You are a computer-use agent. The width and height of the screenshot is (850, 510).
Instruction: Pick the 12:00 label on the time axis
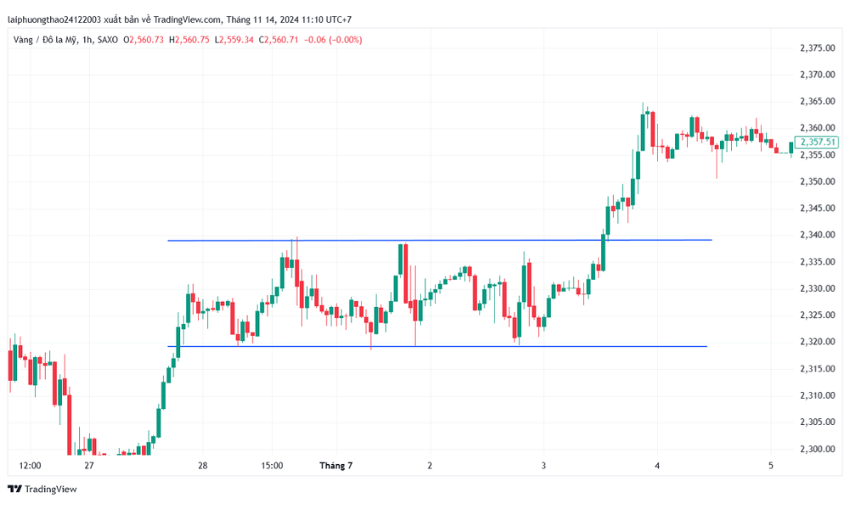click(30, 466)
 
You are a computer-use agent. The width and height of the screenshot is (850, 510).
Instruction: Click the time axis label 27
click(89, 466)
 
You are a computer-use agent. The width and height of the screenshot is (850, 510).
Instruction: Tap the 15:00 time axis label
click(272, 466)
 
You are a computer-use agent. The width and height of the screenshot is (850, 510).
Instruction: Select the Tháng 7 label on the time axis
click(335, 466)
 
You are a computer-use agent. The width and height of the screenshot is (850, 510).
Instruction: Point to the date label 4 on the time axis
click(657, 466)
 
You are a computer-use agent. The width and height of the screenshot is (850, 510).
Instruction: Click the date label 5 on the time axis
click(770, 466)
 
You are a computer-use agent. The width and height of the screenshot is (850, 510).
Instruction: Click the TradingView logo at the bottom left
click(42, 489)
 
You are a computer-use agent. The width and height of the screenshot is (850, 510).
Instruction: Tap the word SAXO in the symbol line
click(108, 39)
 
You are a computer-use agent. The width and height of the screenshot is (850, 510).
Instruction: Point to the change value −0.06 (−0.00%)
click(333, 39)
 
